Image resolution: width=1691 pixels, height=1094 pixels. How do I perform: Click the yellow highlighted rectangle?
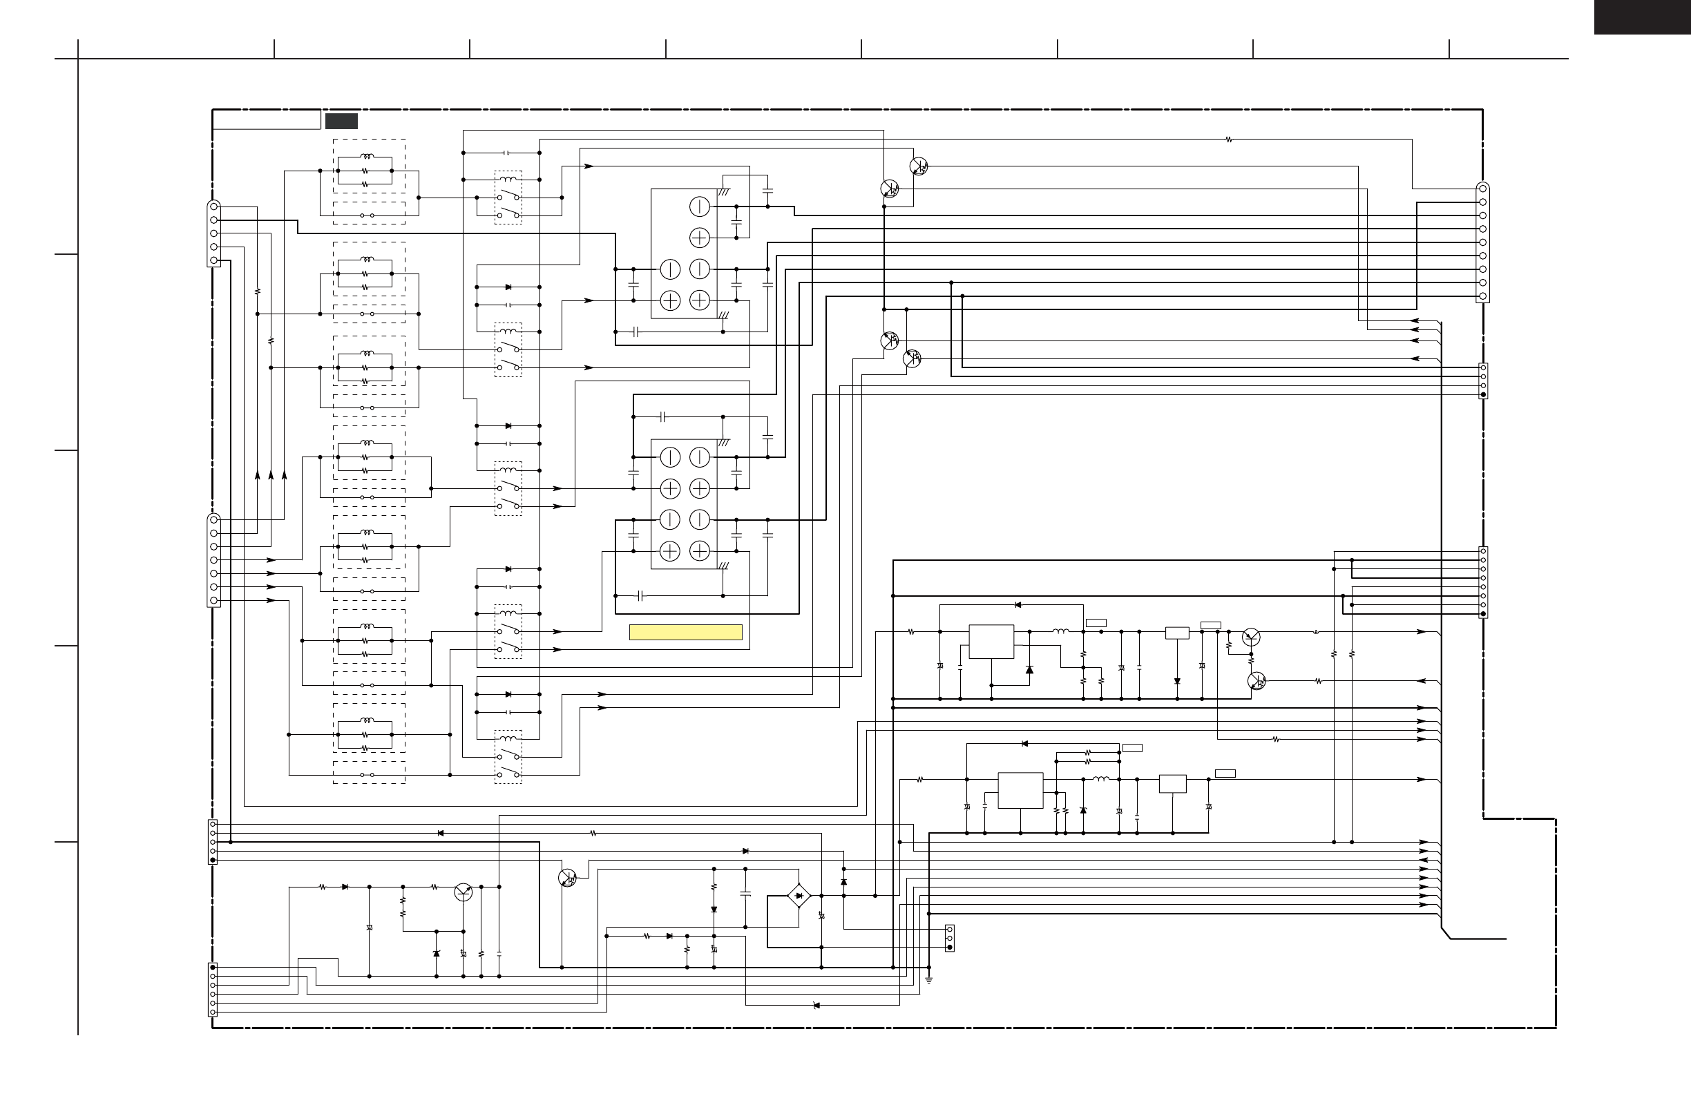coord(686,632)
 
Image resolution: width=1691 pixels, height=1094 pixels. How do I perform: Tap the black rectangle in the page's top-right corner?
coord(1641,17)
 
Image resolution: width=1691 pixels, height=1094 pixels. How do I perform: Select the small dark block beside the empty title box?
coord(341,121)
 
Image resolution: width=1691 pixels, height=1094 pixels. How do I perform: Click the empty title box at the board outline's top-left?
coord(267,120)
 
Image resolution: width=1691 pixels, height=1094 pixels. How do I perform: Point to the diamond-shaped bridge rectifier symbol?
coord(799,896)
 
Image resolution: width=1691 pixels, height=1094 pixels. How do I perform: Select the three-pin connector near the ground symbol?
coord(949,938)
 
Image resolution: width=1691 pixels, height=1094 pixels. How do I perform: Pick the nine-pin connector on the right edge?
coord(1482,242)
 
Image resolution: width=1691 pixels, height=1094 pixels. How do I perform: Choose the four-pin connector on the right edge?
coord(1483,381)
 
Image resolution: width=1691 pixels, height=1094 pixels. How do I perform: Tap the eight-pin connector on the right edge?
coord(1483,582)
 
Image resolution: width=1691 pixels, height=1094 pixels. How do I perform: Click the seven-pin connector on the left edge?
coord(214,560)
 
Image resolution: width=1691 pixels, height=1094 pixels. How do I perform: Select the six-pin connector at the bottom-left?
coord(213,990)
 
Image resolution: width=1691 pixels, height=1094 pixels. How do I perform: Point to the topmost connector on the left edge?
coord(214,233)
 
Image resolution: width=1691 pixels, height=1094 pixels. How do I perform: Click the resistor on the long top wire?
coord(1228,140)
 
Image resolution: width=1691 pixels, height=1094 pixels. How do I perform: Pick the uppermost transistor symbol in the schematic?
coord(919,166)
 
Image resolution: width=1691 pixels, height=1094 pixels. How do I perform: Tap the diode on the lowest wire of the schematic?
coord(816,1005)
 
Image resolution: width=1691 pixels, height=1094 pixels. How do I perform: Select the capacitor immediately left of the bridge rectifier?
coord(745,894)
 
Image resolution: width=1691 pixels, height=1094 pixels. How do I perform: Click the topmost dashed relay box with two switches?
coord(508,198)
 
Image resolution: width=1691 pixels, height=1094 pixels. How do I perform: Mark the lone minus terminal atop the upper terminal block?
coord(699,207)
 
